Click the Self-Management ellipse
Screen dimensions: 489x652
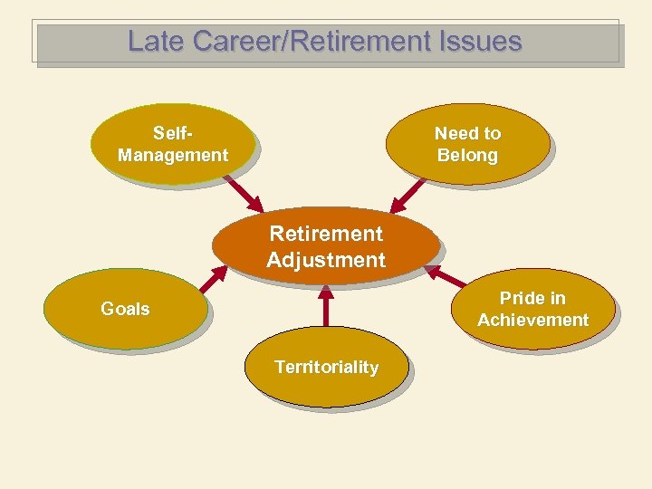[172, 145]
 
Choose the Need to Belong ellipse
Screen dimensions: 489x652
[467, 144]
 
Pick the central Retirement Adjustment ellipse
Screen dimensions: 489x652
[326, 246]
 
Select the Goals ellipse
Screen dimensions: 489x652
[126, 309]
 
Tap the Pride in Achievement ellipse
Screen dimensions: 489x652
[533, 309]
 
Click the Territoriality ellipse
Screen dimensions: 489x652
[326, 367]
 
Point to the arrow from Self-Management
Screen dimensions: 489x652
[242, 191]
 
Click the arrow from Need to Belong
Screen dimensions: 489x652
[407, 192]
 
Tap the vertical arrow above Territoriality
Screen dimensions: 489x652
[326, 308]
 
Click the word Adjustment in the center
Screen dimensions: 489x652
[326, 261]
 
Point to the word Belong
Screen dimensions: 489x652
[467, 155]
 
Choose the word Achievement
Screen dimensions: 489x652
[533, 320]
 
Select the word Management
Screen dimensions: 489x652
[172, 155]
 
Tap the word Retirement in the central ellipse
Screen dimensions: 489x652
[326, 234]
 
